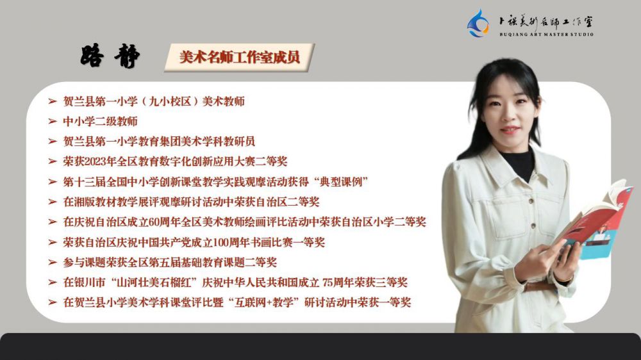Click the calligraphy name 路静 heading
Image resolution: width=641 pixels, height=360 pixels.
pyautogui.click(x=110, y=56)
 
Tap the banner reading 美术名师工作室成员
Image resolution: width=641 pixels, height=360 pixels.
pyautogui.click(x=240, y=57)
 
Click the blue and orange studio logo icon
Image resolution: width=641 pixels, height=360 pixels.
pyautogui.click(x=478, y=24)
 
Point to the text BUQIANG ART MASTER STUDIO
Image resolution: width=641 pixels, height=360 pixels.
pyautogui.click(x=546, y=35)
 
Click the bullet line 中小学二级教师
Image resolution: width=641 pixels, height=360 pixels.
pyautogui.click(x=100, y=121)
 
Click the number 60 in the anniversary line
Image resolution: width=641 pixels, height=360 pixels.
pyautogui.click(x=154, y=222)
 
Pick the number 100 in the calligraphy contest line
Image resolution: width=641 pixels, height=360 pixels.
pyautogui.click(x=221, y=242)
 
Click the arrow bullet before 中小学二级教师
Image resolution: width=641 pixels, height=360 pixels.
pyautogui.click(x=53, y=121)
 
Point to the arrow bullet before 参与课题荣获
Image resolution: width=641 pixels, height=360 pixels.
pyautogui.click(x=53, y=263)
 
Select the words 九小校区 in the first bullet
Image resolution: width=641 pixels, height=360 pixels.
pyautogui.click(x=171, y=101)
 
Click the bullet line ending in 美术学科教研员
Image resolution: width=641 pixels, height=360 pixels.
pyautogui.click(x=159, y=142)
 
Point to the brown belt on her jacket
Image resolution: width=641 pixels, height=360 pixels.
pyautogui.click(x=540, y=286)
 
